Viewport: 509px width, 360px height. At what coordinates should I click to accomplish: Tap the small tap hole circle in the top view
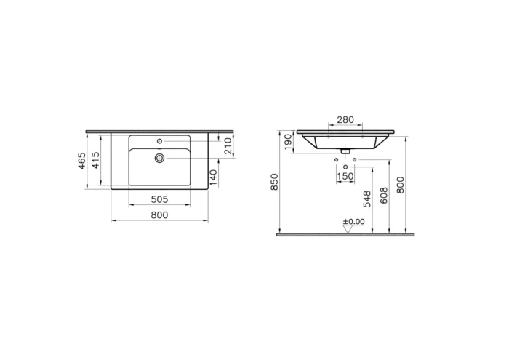[x=160, y=140]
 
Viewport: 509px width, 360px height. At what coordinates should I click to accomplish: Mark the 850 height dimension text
[x=274, y=182]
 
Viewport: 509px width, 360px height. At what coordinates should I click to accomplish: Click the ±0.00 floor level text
[x=354, y=221]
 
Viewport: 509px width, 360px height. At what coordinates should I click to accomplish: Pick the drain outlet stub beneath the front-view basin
[x=345, y=150]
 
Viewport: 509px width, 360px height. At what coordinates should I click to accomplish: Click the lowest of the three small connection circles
[x=345, y=167]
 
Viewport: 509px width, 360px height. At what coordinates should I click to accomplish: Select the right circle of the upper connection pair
[x=353, y=159]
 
